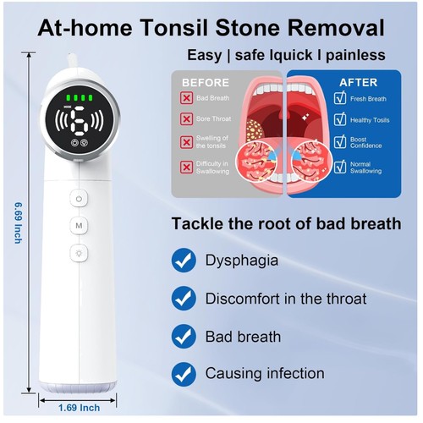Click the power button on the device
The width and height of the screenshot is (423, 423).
click(79, 199)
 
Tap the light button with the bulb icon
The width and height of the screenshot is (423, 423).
click(79, 253)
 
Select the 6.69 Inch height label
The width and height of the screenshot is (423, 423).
click(18, 222)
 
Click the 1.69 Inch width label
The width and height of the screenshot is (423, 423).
click(79, 408)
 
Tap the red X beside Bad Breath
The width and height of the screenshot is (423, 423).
click(186, 98)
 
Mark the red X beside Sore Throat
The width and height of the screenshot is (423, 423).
click(186, 119)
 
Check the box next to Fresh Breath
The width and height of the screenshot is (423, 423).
click(340, 98)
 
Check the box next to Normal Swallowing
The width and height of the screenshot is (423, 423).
click(340, 167)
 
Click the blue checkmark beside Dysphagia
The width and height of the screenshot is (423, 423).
click(184, 261)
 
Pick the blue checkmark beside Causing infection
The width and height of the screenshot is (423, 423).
click(184, 374)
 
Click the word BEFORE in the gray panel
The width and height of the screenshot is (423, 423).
click(206, 83)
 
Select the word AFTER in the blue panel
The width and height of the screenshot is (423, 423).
click(359, 83)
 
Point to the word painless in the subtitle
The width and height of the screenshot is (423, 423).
click(355, 55)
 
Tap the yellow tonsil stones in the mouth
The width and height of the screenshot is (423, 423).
click(255, 130)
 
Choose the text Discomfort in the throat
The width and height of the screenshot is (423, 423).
click(286, 299)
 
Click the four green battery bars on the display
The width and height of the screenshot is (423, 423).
click(80, 98)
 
